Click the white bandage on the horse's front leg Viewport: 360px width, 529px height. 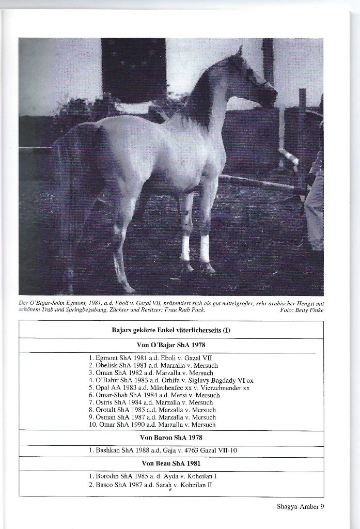pos(205,248)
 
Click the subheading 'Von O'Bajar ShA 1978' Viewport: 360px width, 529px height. pos(171,345)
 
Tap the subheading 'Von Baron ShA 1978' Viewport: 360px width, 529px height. pos(171,437)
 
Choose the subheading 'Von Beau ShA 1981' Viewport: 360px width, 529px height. pos(171,463)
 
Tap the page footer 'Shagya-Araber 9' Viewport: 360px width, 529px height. pos(300,506)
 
